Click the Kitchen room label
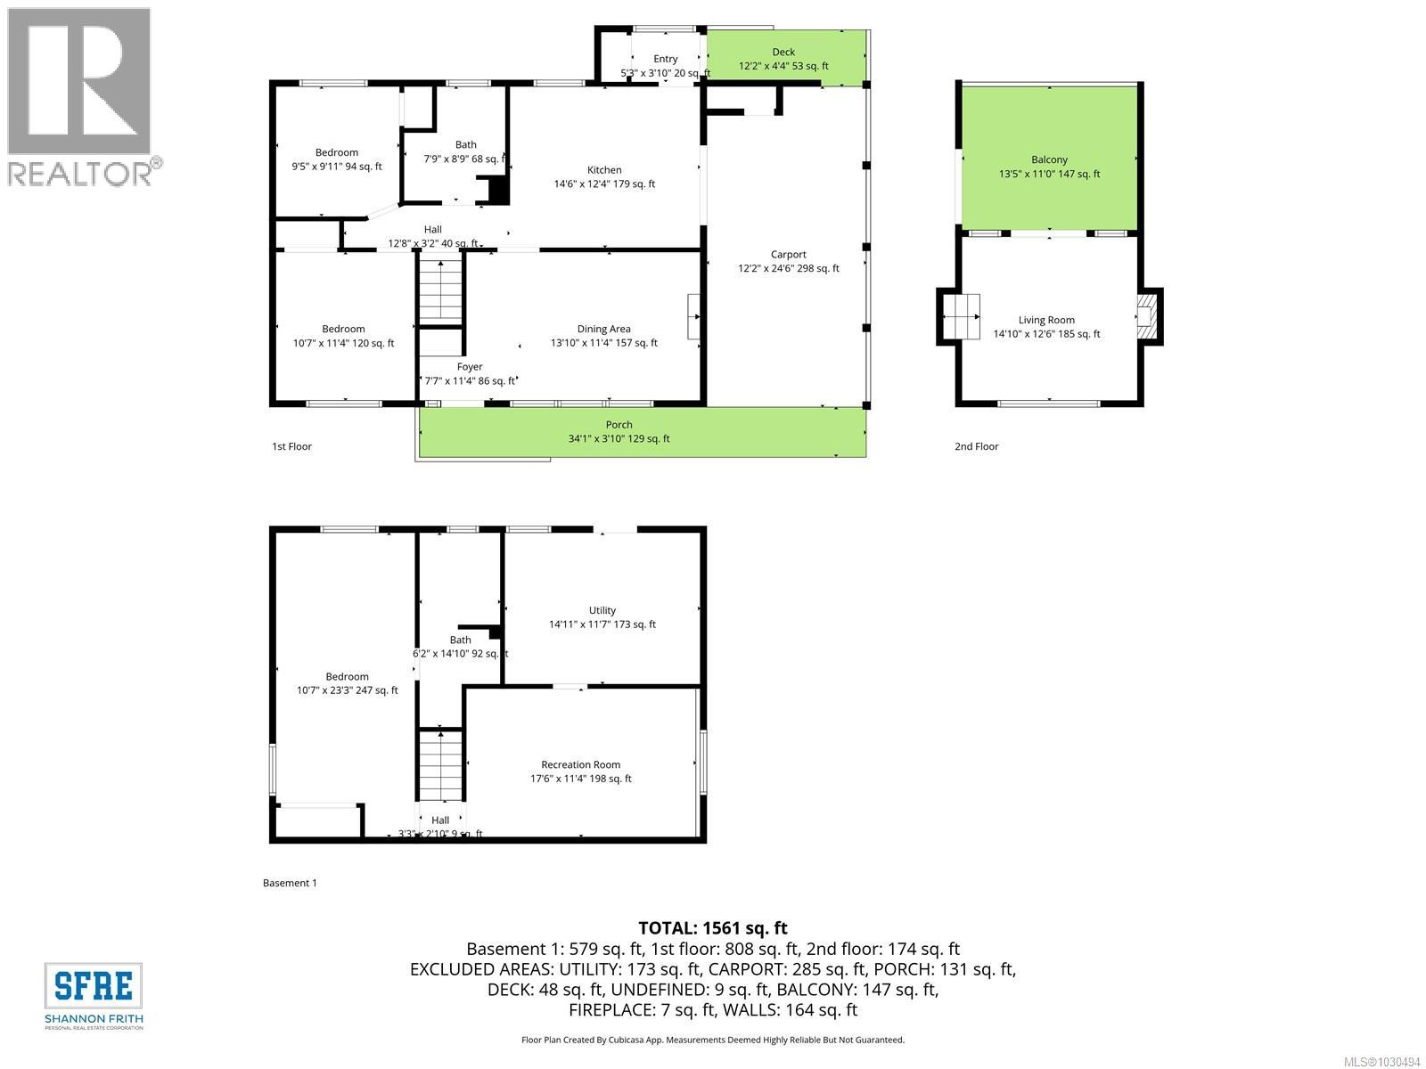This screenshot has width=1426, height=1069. tap(604, 170)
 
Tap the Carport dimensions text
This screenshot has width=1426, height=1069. tap(788, 268)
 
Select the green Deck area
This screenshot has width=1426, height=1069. tap(784, 58)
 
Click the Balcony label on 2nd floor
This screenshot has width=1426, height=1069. tap(1049, 159)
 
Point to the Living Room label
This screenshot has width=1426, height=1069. tap(1046, 320)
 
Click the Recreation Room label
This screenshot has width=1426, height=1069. tap(580, 764)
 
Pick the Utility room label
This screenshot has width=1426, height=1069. tap(602, 610)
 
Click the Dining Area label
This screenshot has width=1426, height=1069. tap(603, 329)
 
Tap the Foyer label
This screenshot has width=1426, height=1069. tap(470, 366)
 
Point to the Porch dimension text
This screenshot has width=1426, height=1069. tap(619, 438)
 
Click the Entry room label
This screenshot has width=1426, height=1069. tap(665, 59)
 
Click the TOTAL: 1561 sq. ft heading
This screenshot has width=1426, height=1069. tap(712, 928)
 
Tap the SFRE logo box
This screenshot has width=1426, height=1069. tap(94, 986)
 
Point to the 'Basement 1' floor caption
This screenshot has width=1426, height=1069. tap(290, 883)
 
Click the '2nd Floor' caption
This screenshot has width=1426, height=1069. tap(976, 446)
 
